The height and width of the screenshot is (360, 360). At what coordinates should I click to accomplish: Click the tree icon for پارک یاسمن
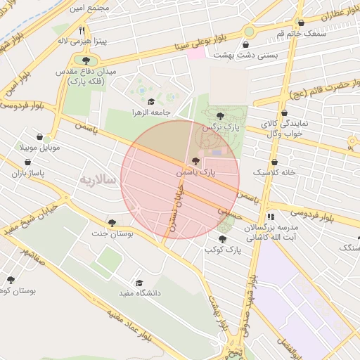[x=195, y=161]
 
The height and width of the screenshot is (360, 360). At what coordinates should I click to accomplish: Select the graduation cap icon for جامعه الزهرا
[x=151, y=102]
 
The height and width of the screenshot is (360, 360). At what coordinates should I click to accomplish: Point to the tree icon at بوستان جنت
[x=112, y=222]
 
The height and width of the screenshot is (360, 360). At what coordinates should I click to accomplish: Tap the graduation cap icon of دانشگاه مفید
[x=139, y=283]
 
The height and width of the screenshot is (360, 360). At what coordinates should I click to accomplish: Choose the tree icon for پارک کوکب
[x=222, y=239]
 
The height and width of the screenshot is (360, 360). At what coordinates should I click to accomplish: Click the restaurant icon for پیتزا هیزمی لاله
[x=82, y=30]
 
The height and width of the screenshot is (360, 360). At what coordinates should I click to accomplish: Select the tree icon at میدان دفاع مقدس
[x=86, y=60]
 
